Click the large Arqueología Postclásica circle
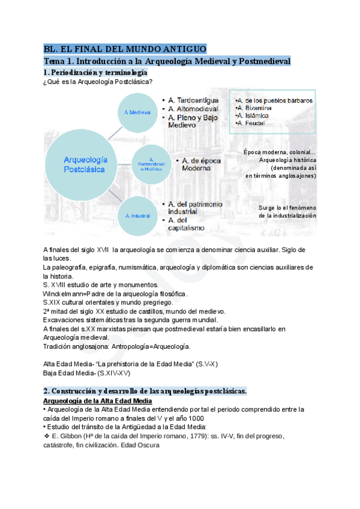(x=85, y=164)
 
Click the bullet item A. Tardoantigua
(x=193, y=100)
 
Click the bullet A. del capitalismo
(x=187, y=224)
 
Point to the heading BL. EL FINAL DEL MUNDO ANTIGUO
(x=125, y=49)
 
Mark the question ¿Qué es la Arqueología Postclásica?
(x=97, y=82)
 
